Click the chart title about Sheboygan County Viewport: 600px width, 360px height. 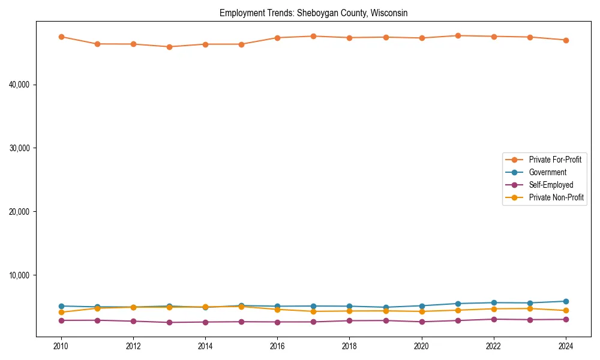point(314,13)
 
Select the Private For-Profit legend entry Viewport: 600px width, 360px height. point(550,160)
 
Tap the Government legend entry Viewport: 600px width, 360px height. point(547,172)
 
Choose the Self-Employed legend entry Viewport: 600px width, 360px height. point(551,185)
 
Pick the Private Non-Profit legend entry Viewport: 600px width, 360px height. point(556,197)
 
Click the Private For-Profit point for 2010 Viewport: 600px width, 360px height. point(61,37)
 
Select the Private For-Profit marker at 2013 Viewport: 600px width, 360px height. point(169,47)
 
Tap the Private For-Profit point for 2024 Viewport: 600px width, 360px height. point(566,40)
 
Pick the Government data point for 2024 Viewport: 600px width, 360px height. point(566,301)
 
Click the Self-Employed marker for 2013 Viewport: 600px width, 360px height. point(169,322)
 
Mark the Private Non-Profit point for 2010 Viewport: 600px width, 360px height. point(61,312)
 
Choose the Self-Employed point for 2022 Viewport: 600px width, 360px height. point(494,319)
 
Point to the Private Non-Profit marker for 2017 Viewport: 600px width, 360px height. point(313,311)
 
